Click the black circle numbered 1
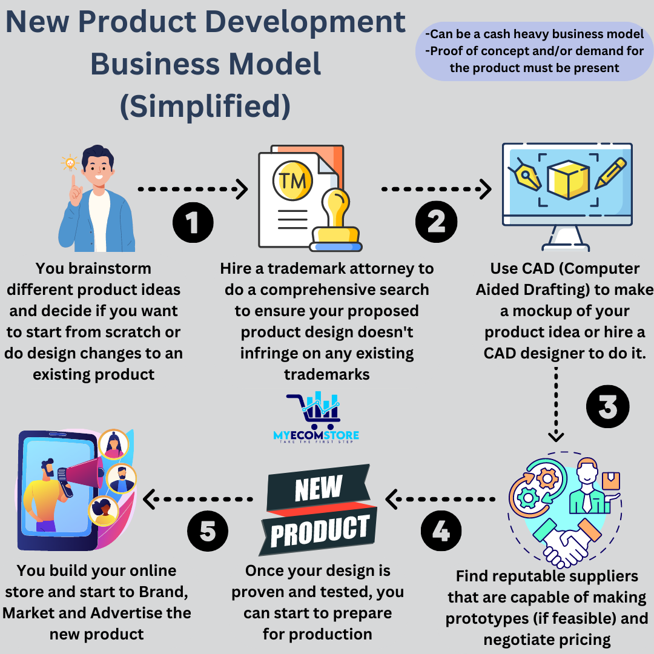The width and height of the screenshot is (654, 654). point(193,222)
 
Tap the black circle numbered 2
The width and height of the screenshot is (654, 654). point(435,222)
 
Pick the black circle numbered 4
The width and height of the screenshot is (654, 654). point(441,531)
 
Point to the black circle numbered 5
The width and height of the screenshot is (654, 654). point(207,531)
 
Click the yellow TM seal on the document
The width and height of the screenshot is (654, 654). point(293,180)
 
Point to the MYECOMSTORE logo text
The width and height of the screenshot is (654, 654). point(316,435)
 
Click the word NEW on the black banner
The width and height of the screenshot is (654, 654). point(319,488)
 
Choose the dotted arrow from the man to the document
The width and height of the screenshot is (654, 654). point(193,190)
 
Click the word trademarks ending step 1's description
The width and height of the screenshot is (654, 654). point(327,374)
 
